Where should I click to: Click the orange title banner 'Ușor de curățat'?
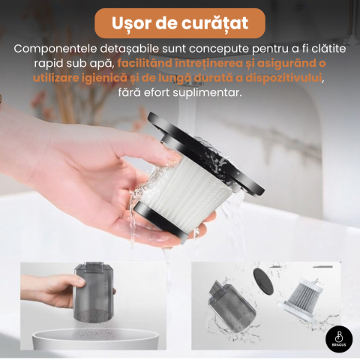point(180,23)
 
